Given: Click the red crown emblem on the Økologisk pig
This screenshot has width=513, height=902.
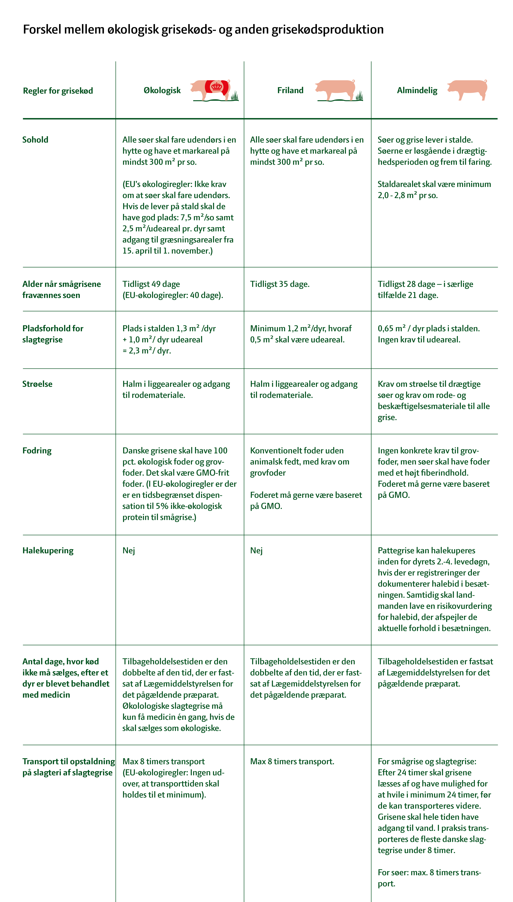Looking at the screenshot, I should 217,86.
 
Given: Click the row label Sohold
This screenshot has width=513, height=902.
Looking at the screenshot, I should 35,140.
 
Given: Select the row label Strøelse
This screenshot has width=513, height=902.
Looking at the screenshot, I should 37,384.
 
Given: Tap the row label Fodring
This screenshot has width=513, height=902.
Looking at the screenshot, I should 37,451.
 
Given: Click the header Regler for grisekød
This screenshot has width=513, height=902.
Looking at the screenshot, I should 58,91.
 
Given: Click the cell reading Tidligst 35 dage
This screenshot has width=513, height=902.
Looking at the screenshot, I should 280,284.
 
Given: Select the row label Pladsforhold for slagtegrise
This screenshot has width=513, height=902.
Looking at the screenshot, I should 53,334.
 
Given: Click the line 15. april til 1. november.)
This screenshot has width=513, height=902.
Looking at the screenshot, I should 167,251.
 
